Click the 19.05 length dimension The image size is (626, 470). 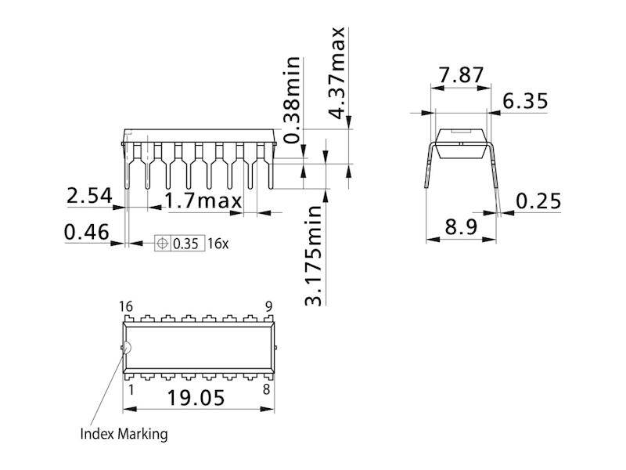coord(196,398)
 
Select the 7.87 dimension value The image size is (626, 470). coord(462,76)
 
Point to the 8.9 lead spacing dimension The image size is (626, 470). coord(462,228)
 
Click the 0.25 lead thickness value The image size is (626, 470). coord(538,202)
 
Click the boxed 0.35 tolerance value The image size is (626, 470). coord(186,244)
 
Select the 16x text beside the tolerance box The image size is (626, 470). coord(218,244)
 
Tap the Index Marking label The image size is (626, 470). coord(124,433)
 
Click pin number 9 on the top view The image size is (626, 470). coord(268,305)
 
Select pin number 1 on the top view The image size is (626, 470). coord(130,389)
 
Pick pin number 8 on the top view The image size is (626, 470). coord(268,389)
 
